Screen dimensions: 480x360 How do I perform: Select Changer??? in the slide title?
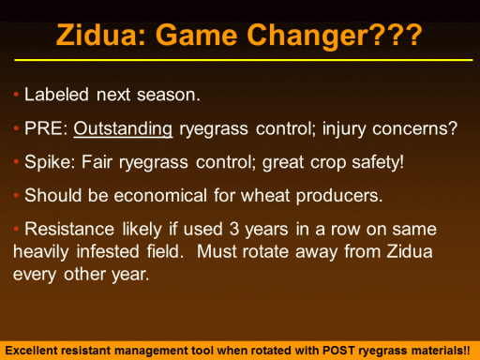click(x=335, y=37)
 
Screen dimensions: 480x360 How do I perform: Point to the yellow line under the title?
click(x=244, y=60)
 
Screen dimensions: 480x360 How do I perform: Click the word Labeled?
click(x=56, y=95)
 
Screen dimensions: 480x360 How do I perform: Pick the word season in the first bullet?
click(x=168, y=95)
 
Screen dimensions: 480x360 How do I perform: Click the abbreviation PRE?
click(x=46, y=128)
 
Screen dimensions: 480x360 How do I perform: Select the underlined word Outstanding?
click(x=123, y=129)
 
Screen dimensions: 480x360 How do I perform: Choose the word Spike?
click(x=50, y=162)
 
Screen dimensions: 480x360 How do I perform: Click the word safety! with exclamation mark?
click(x=378, y=162)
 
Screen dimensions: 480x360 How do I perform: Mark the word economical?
click(x=160, y=196)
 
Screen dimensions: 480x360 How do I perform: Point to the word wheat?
click(x=265, y=196)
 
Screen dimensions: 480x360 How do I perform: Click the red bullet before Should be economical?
click(x=16, y=196)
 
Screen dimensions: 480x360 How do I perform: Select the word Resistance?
click(x=69, y=229)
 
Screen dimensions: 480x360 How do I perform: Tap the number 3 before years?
click(x=234, y=229)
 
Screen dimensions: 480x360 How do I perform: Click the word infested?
click(x=108, y=251)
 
